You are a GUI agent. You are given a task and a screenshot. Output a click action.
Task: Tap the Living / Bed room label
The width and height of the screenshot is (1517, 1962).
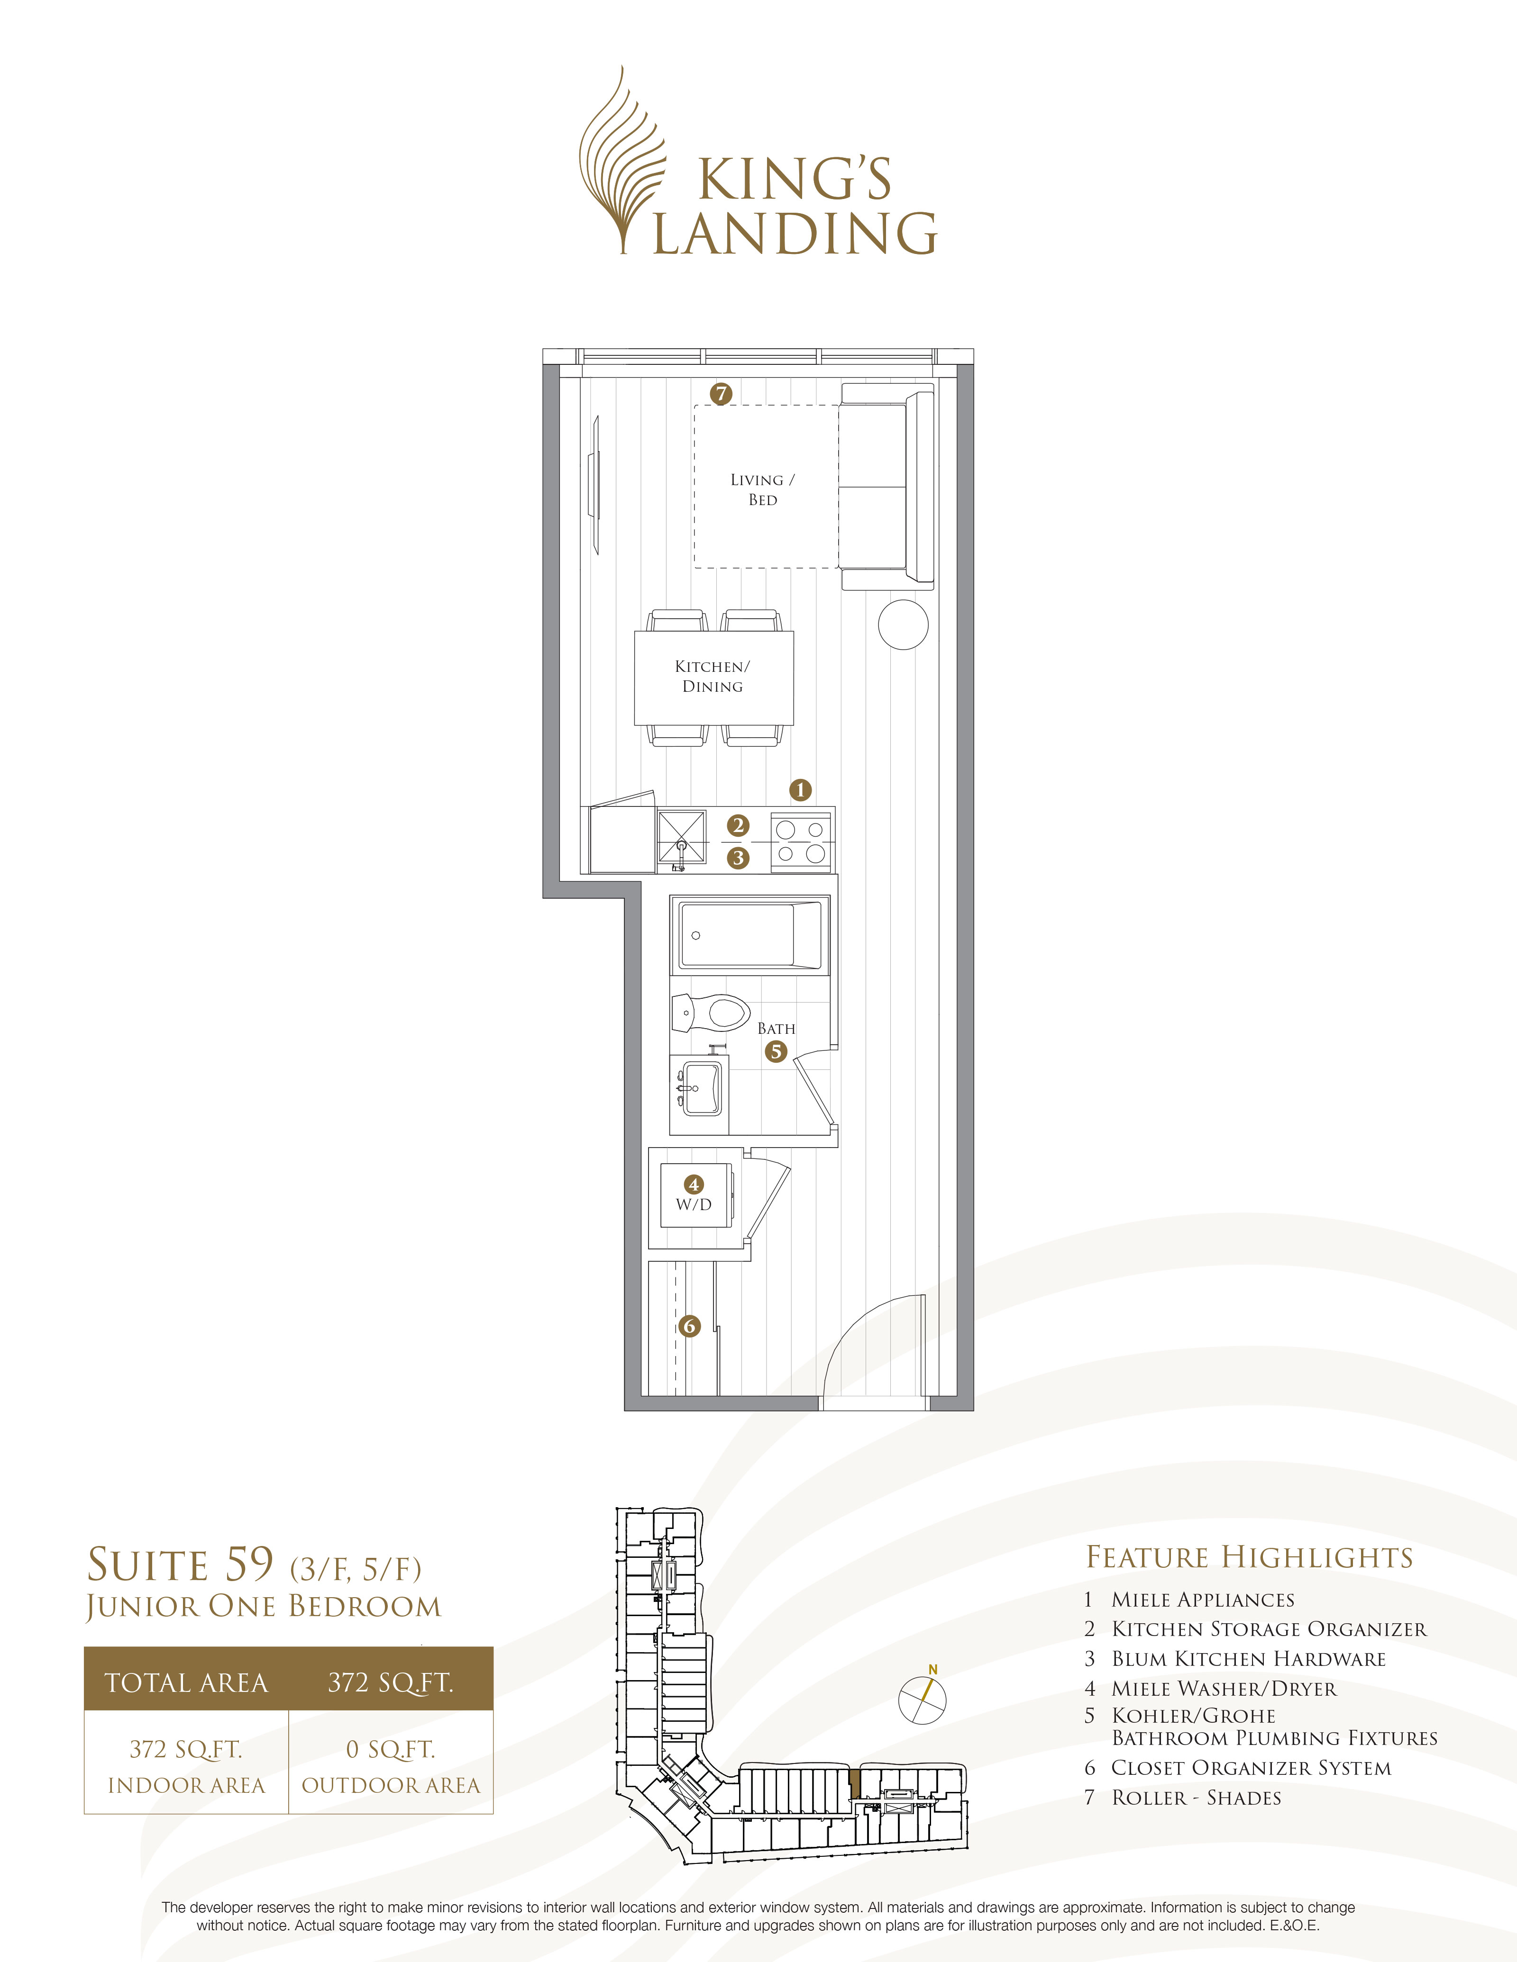(x=762, y=489)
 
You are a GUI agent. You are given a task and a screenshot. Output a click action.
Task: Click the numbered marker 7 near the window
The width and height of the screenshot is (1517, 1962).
(x=721, y=393)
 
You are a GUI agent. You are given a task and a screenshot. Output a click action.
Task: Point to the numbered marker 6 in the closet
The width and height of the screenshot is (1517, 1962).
(x=689, y=1326)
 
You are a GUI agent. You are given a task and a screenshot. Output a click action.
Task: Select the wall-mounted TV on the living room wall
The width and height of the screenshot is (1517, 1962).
(x=593, y=485)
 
